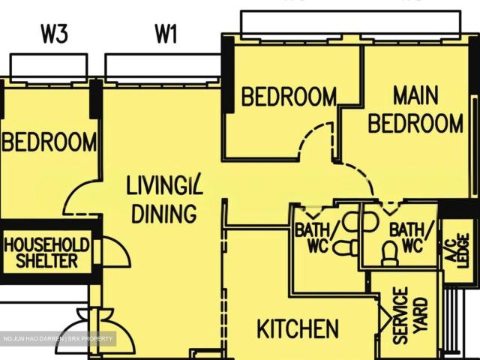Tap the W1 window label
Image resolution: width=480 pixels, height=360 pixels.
[166, 34]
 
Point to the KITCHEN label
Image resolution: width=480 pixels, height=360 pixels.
[297, 328]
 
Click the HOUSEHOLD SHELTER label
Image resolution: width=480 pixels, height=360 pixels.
[46, 253]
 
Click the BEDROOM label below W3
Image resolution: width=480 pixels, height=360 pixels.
[49, 142]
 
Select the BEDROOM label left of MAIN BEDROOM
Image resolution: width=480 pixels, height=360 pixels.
[289, 97]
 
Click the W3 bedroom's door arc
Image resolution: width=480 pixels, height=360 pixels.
[79, 199]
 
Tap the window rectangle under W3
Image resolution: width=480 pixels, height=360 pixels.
[51, 66]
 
